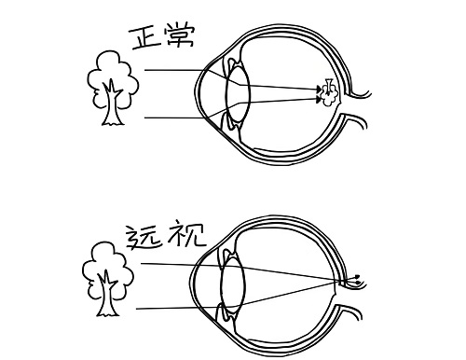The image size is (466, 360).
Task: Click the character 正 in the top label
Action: click(x=145, y=38)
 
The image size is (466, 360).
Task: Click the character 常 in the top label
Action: click(x=180, y=36)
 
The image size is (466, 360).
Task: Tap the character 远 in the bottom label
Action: click(x=144, y=239)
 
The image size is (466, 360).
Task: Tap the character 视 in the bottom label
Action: click(x=186, y=235)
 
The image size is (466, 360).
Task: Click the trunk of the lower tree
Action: click(x=107, y=296)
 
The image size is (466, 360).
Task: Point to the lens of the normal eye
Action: click(x=238, y=92)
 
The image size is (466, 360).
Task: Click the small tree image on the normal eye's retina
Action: click(x=329, y=92)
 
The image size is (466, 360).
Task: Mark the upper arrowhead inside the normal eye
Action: click(x=319, y=90)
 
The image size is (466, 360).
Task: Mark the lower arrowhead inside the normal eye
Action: click(x=318, y=100)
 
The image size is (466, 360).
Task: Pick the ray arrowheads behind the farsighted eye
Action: click(x=357, y=279)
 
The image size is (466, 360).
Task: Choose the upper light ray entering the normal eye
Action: click(x=230, y=79)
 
